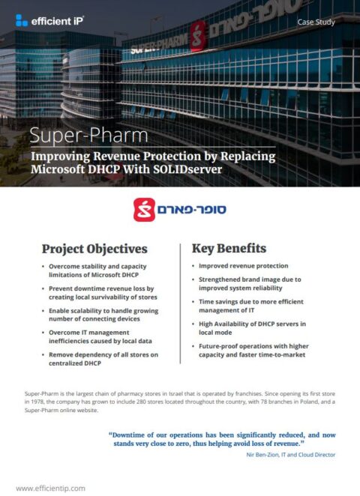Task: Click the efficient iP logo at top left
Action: [x=49, y=21]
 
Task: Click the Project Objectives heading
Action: [x=94, y=249]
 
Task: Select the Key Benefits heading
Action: [x=228, y=249]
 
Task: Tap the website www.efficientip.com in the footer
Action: [x=50, y=488]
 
